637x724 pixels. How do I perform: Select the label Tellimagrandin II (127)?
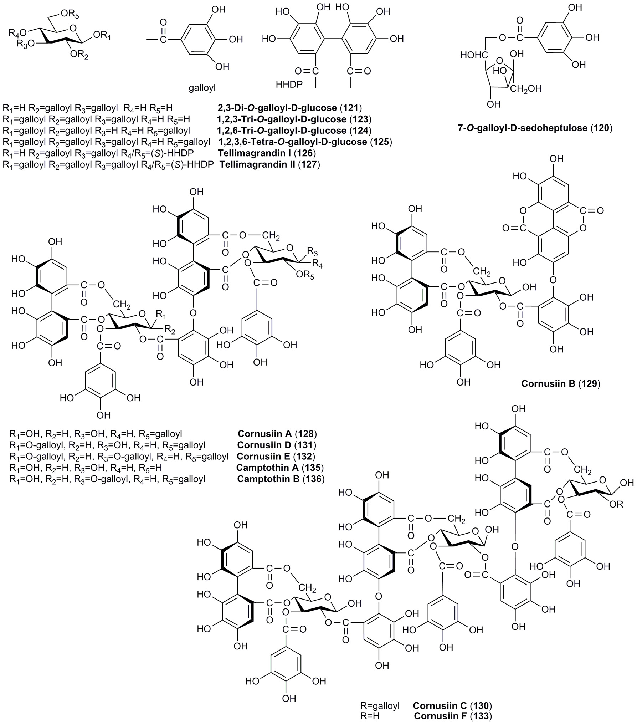[x=269, y=165]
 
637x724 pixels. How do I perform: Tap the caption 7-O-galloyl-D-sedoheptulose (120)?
[x=535, y=128]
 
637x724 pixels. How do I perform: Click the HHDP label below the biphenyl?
[x=289, y=85]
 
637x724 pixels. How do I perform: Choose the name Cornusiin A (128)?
[x=277, y=434]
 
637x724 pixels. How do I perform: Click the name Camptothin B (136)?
[x=281, y=479]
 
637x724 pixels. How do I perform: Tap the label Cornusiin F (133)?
[x=453, y=715]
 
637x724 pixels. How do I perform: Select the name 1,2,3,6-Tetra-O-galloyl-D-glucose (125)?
[x=305, y=142]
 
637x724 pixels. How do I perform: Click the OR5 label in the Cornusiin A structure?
[x=307, y=276]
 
